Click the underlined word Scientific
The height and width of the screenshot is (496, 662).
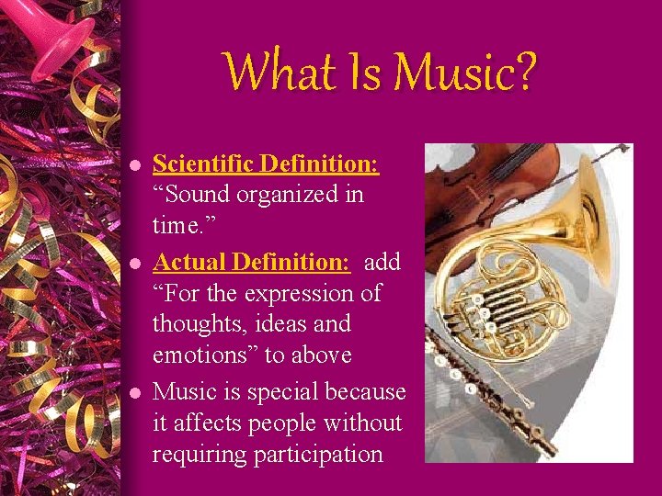tap(203, 164)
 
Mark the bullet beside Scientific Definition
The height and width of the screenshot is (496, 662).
tap(134, 166)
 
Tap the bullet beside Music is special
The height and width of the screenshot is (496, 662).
tap(134, 394)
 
